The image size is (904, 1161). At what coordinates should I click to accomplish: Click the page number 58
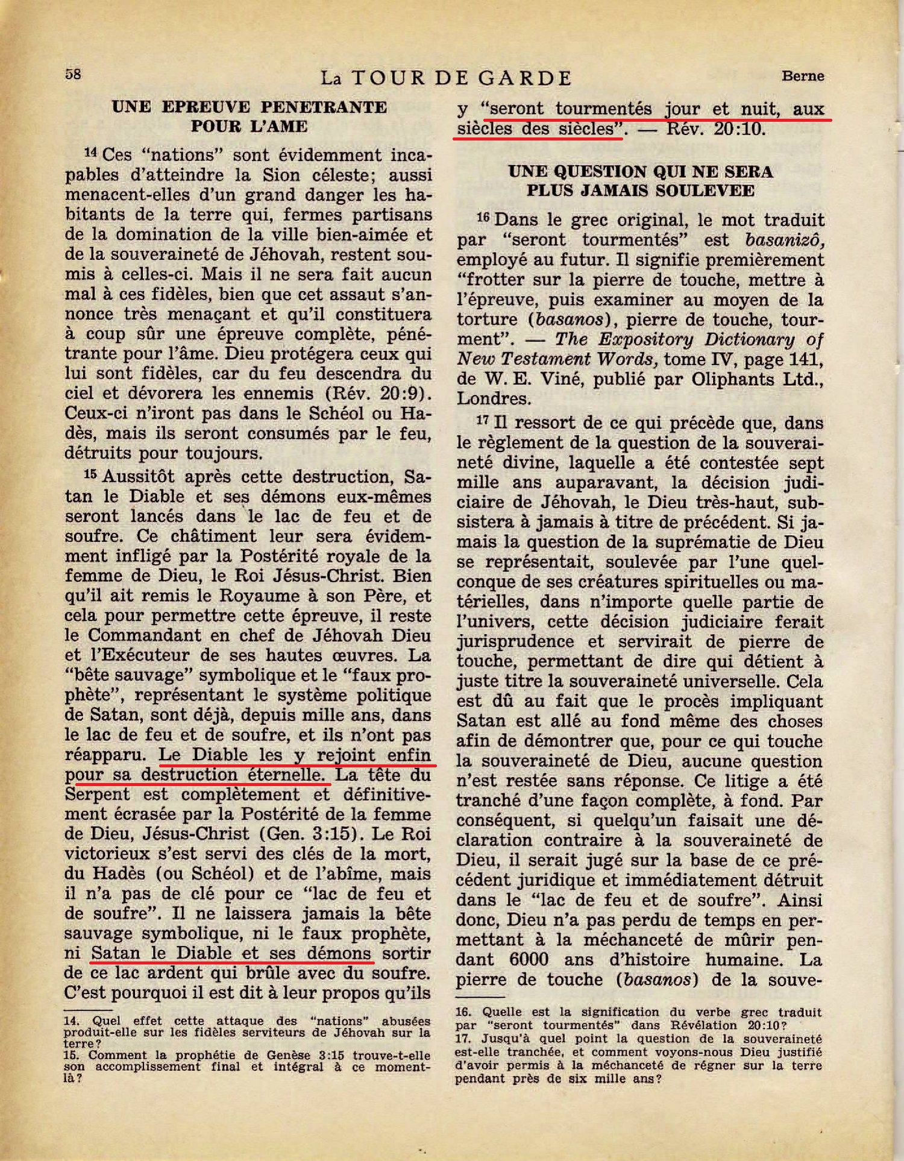point(73,74)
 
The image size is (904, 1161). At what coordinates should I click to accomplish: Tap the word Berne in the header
point(802,76)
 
